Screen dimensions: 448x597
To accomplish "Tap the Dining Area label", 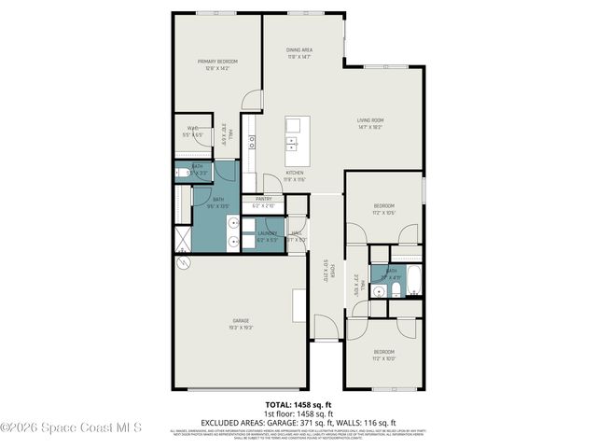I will click(298, 52).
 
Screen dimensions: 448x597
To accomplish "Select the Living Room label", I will click(370, 123).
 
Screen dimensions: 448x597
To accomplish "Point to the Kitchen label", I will click(295, 175).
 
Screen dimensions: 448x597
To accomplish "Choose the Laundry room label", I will click(268, 236).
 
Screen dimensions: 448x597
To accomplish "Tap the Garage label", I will click(241, 324).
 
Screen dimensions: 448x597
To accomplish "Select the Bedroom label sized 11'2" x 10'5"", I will click(383, 209).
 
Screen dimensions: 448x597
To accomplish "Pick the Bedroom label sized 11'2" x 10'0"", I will click(383, 356).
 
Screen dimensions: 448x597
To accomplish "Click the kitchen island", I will click(296, 133).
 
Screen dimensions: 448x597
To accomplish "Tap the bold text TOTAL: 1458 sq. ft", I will click(298, 405).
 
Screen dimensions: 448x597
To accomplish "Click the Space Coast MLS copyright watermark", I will click(71, 427).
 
